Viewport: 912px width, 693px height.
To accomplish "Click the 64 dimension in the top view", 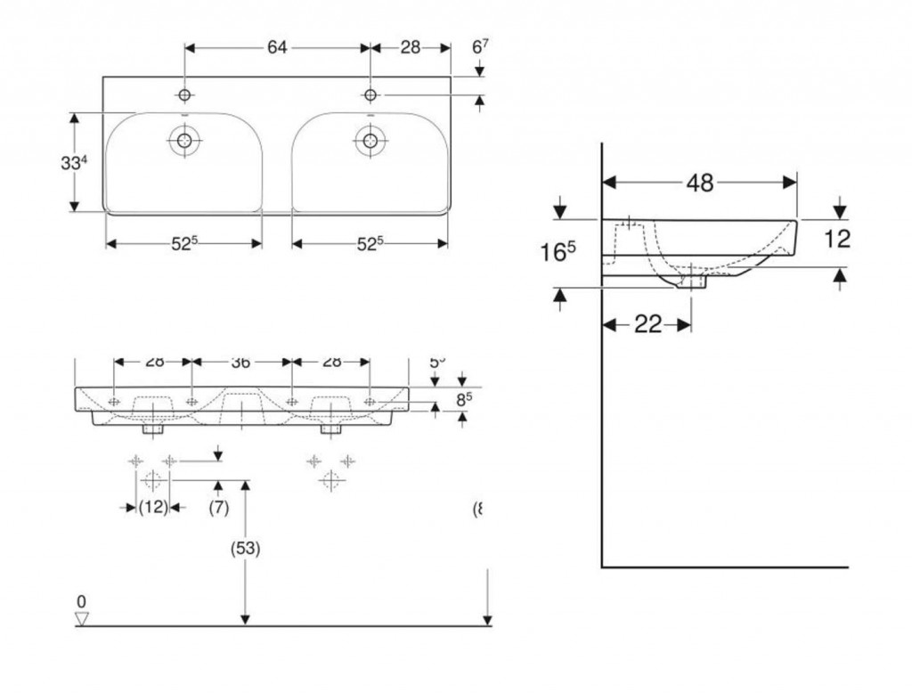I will [277, 48].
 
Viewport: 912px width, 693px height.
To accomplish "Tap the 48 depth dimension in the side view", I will [700, 183].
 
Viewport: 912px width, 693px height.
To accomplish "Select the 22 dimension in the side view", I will [648, 325].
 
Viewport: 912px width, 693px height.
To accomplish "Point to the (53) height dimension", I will [246, 550].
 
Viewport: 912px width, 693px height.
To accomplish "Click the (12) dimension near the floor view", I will [152, 507].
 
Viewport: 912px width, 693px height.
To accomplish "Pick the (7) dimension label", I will [219, 507].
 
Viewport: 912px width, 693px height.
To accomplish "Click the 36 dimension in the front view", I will [241, 362].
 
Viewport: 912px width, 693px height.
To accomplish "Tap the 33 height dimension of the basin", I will [73, 163].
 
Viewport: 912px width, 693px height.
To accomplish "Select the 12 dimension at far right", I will [837, 239].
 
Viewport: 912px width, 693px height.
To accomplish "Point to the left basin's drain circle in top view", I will [184, 140].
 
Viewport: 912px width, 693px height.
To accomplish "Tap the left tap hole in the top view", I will [184, 95].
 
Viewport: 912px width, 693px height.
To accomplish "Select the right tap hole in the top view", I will [369, 94].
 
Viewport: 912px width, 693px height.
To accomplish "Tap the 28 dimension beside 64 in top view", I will [410, 48].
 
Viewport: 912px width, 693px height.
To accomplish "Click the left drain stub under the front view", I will [154, 429].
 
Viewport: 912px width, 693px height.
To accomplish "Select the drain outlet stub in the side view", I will [691, 281].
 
